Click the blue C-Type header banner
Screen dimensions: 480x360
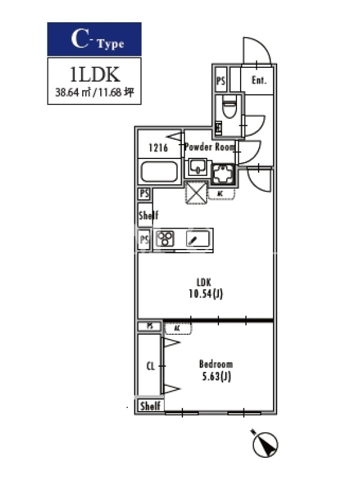[x=94, y=39]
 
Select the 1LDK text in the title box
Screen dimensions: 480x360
[x=95, y=75]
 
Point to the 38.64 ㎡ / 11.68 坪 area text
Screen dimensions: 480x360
[x=94, y=93]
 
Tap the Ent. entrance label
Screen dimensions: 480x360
[x=259, y=80]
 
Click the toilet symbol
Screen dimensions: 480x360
[x=229, y=108]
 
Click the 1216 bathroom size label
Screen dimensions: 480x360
[x=158, y=147]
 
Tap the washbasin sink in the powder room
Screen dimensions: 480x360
[x=197, y=167]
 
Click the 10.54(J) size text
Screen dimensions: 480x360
[x=205, y=293]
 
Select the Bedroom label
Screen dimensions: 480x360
[x=215, y=364]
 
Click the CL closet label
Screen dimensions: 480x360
[x=151, y=366]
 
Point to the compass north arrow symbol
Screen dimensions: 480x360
[x=265, y=442]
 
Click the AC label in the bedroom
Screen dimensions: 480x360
[x=177, y=329]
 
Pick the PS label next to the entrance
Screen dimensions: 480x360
[x=221, y=80]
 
